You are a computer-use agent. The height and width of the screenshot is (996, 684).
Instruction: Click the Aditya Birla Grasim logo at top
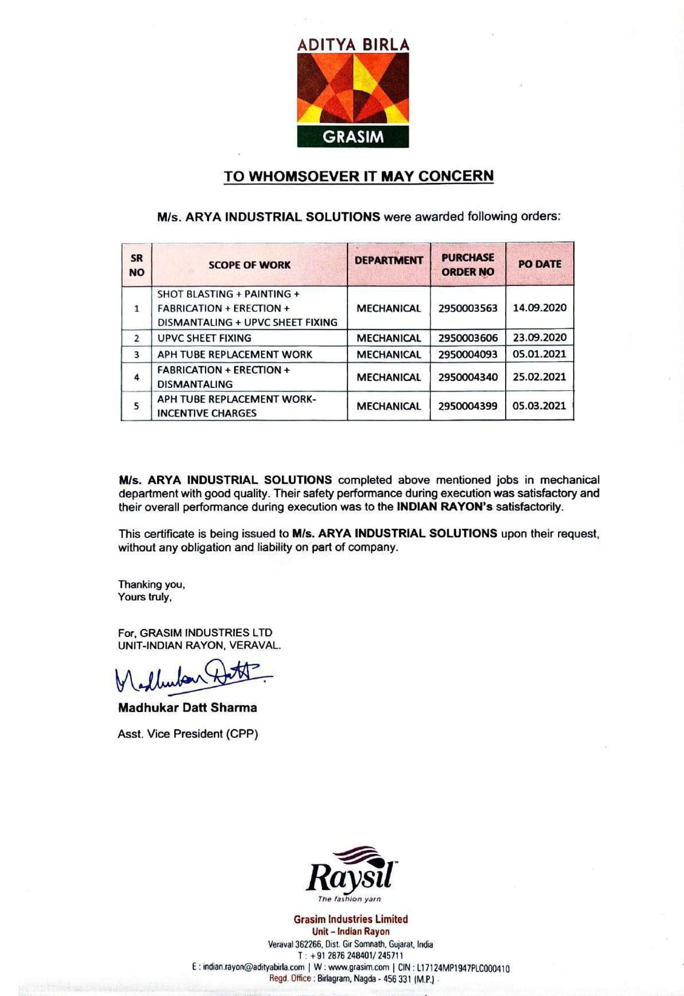click(x=353, y=93)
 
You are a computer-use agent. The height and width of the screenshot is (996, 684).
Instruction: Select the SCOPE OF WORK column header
click(x=249, y=265)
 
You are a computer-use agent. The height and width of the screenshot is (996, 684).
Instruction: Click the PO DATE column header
click(x=540, y=264)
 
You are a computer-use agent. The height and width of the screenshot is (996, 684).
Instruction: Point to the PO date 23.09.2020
click(x=540, y=337)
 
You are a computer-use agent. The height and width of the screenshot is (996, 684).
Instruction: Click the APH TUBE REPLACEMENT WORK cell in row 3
click(x=234, y=354)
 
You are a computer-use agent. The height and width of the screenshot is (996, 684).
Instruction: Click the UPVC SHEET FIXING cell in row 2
click(x=205, y=338)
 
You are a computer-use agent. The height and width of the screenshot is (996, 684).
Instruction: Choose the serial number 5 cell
click(x=136, y=406)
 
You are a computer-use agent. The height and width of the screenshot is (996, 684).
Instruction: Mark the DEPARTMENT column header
click(x=389, y=260)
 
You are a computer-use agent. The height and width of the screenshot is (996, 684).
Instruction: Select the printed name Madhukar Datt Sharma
click(x=187, y=707)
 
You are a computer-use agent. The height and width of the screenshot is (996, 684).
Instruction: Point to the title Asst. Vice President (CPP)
click(x=188, y=734)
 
